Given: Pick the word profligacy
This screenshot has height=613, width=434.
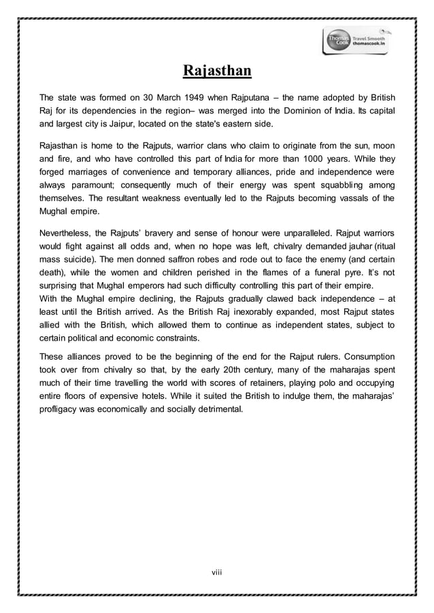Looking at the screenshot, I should click(59, 411).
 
